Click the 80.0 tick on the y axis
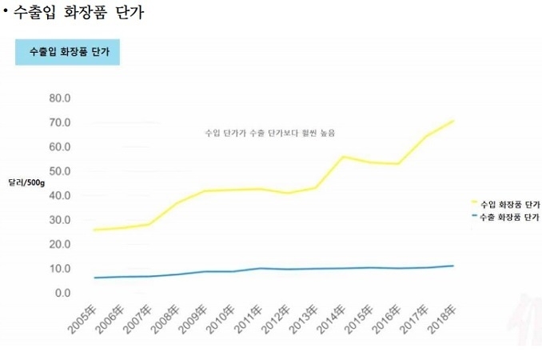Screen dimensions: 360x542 [61, 98]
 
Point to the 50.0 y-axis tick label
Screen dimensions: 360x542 [61, 171]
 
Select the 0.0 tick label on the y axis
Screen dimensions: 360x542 [63, 293]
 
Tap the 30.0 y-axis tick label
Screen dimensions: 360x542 [61, 220]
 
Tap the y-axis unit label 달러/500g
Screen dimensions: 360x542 [26, 182]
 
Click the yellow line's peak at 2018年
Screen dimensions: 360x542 [454, 121]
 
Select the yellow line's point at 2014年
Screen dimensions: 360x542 [344, 157]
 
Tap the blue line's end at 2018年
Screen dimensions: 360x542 [454, 266]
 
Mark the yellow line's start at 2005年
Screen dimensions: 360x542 [94, 230]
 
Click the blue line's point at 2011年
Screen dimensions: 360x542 [260, 268]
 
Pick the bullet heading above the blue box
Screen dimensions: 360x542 [76, 14]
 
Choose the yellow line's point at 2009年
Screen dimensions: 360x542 [205, 191]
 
